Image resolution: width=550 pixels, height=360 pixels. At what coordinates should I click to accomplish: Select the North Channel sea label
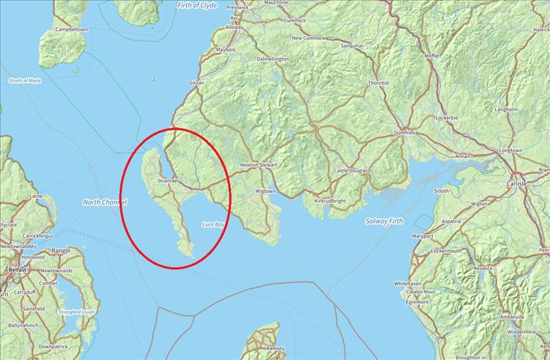105,202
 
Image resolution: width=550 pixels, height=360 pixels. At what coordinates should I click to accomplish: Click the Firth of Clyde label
197,5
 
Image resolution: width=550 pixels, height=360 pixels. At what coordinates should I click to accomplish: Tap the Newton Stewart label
257,166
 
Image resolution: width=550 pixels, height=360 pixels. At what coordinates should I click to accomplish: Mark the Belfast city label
17,270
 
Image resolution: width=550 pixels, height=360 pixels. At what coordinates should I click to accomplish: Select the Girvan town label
196,83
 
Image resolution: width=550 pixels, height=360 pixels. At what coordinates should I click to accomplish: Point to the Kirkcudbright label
329,199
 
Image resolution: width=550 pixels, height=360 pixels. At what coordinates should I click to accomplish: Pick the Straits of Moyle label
24,80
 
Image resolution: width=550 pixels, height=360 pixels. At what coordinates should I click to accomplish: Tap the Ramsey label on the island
274,349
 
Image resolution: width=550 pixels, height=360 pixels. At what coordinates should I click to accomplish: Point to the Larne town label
35,196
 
